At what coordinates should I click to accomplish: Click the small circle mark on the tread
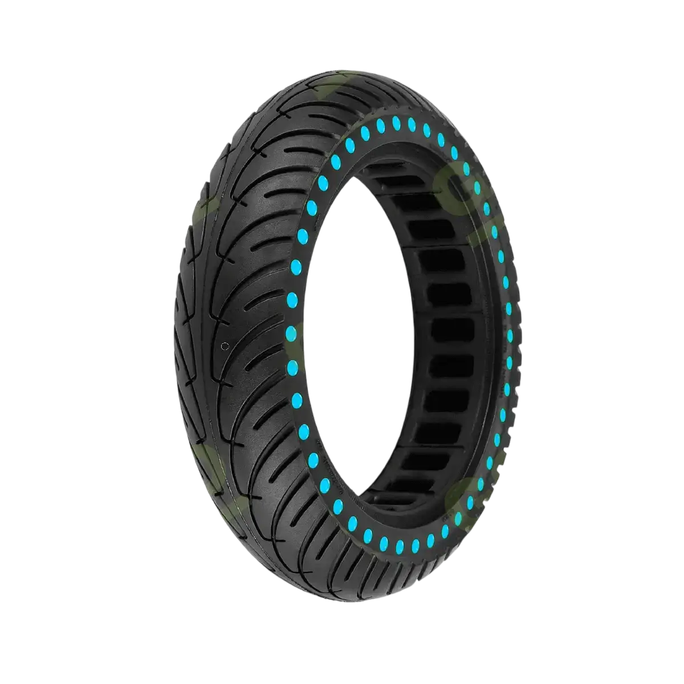[225, 346]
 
